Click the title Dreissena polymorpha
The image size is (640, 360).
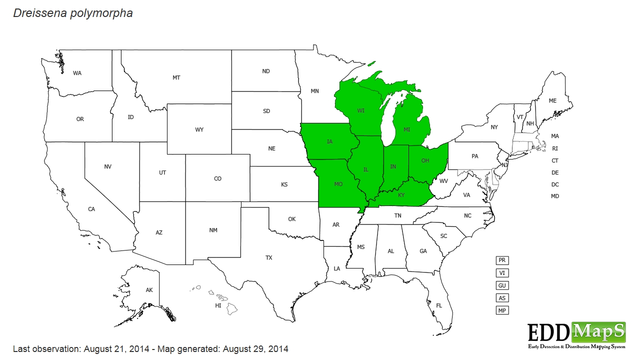73,13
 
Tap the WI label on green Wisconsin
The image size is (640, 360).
360,110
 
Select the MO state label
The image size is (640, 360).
338,184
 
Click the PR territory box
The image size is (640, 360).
502,260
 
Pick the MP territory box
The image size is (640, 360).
502,310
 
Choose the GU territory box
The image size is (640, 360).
502,285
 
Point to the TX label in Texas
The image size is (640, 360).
269,258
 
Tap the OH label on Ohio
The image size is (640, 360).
425,160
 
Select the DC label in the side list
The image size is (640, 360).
555,184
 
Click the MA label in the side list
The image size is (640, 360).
555,136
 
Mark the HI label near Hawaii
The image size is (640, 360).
218,305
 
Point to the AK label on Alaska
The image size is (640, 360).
149,290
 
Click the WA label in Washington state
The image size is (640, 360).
77,73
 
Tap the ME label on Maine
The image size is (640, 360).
552,101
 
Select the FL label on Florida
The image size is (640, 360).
439,305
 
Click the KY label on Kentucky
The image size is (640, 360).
401,195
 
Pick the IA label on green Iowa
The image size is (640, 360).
329,142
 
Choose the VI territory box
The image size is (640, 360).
502,273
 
